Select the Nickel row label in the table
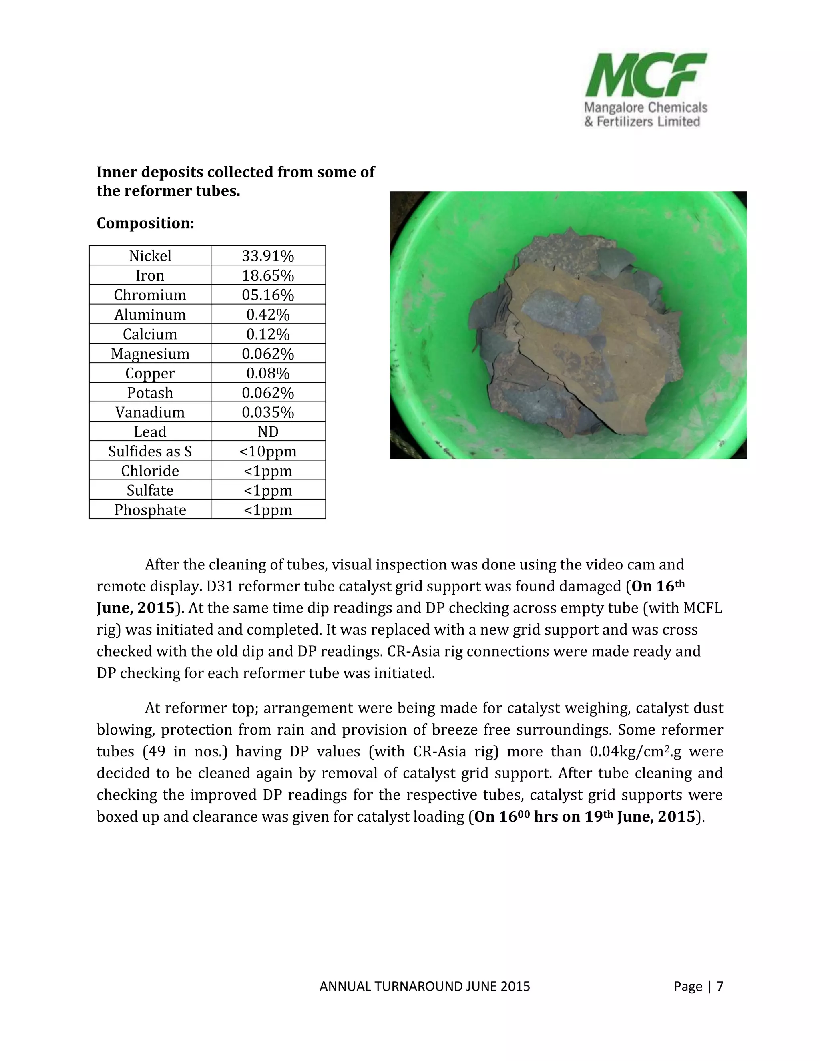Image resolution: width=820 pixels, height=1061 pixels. (x=150, y=256)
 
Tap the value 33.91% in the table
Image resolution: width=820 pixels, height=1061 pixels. (x=268, y=256)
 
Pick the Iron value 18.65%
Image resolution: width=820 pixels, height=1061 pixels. (x=268, y=275)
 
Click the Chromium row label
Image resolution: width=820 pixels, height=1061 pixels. (x=150, y=295)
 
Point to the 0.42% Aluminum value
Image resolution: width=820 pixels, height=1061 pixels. (x=268, y=315)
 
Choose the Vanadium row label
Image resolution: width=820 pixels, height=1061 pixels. (x=150, y=412)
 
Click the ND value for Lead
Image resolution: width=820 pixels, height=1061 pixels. (x=268, y=432)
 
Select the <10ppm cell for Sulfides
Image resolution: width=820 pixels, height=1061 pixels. (x=268, y=451)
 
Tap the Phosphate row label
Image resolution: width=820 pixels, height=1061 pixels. (x=150, y=510)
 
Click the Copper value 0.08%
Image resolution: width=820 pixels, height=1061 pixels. (x=268, y=373)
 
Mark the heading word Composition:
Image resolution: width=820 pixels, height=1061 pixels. (x=145, y=223)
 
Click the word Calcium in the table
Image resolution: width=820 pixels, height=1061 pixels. (x=150, y=334)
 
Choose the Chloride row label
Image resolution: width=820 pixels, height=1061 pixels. (x=150, y=471)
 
